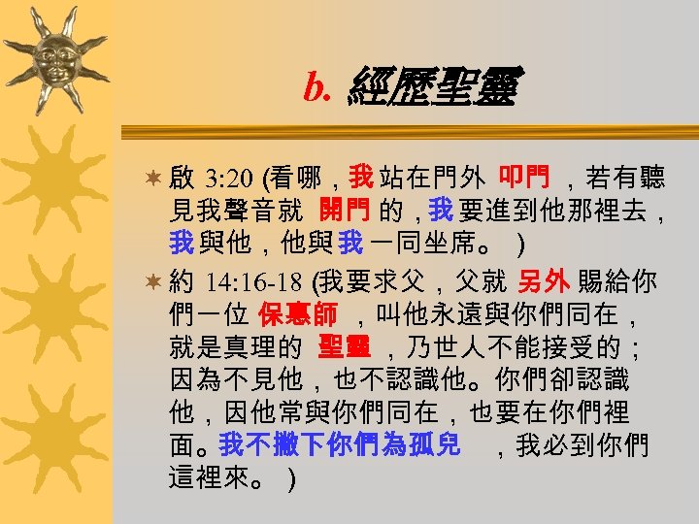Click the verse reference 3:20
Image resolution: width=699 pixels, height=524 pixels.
tap(229, 179)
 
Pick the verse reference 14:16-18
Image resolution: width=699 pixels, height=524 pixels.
tap(255, 283)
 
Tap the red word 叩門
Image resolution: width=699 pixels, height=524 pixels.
tap(524, 178)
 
